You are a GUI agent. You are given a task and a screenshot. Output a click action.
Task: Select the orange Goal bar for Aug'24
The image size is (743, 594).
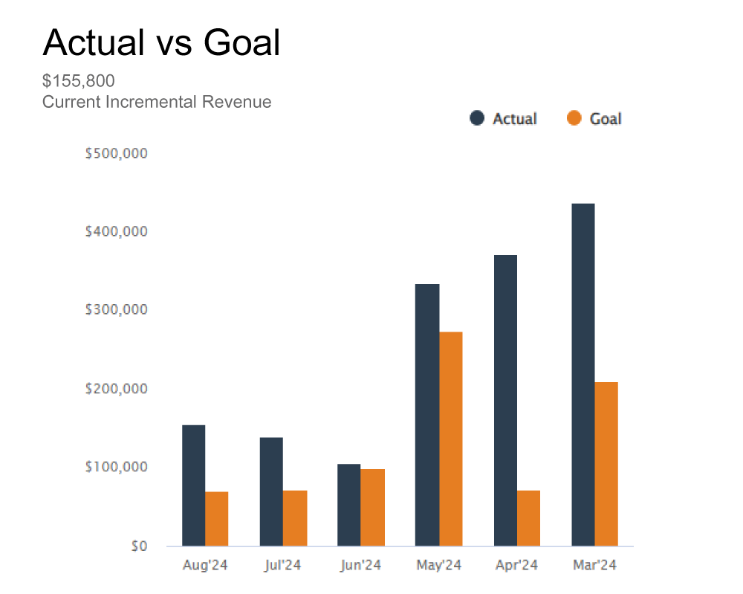pyautogui.click(x=216, y=519)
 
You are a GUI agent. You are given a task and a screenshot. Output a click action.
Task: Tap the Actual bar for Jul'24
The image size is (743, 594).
pyautogui.click(x=271, y=491)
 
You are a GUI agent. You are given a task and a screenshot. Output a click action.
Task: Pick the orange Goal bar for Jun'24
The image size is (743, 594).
pyautogui.click(x=372, y=508)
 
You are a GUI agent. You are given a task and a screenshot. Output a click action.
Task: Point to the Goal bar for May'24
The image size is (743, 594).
pyautogui.click(x=450, y=439)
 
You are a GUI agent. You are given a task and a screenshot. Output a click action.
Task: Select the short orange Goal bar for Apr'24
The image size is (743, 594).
pyautogui.click(x=528, y=518)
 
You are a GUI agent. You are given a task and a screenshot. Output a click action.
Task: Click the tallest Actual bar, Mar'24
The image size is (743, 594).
pyautogui.click(x=583, y=375)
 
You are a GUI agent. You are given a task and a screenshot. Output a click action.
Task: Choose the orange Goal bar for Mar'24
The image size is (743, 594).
pyautogui.click(x=606, y=464)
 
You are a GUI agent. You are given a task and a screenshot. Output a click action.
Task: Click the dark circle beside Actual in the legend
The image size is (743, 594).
pyautogui.click(x=477, y=118)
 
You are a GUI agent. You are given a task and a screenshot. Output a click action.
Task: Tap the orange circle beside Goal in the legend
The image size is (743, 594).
pyautogui.click(x=574, y=118)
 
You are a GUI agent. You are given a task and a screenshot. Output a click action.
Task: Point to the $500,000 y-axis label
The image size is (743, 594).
pyautogui.click(x=117, y=154)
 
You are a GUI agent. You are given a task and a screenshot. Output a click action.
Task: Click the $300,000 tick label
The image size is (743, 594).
pyautogui.click(x=117, y=309)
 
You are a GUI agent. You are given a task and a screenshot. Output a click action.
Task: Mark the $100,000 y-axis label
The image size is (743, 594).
pyautogui.click(x=117, y=467)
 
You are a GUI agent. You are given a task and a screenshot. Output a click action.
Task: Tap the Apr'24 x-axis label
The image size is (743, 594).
pyautogui.click(x=516, y=566)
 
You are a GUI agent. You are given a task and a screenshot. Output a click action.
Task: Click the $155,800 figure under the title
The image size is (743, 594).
pyautogui.click(x=78, y=80)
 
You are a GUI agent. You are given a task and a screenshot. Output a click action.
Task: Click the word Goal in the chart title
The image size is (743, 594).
pyautogui.click(x=242, y=43)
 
